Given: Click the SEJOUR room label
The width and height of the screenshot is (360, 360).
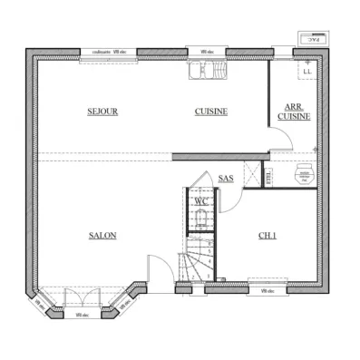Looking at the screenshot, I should tap(103, 112).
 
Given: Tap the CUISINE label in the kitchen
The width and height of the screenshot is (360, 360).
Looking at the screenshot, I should tap(210, 112).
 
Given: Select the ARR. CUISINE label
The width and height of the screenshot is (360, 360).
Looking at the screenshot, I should tap(294, 112).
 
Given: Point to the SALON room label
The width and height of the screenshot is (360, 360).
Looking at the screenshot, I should tap(102, 236).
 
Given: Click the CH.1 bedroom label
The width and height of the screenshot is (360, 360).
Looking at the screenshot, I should tap(267, 236).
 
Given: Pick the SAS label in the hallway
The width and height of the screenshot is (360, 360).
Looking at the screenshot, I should tap(226, 179).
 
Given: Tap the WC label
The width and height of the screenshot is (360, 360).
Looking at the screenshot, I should tap(201, 200).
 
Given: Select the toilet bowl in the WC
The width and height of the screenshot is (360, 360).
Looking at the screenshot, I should tap(201, 219).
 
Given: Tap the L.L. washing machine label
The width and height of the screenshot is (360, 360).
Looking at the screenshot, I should tap(307, 71).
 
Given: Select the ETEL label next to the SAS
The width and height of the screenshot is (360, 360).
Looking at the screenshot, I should tap(268, 177).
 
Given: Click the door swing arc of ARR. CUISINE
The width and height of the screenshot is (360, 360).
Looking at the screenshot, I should tap(283, 139).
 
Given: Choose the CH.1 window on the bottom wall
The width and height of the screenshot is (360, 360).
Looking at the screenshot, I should tap(268, 290).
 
